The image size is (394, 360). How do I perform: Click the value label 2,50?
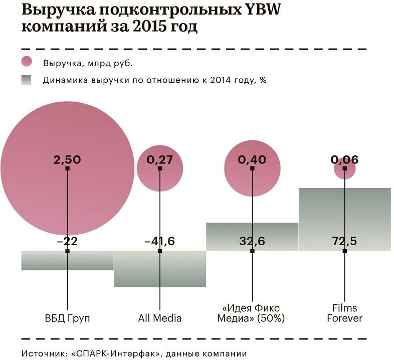click(67, 160)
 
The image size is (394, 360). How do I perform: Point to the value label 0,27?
click(159, 160)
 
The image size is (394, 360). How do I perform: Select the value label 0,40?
click(252, 160)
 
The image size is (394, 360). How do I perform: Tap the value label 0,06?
click(344, 160)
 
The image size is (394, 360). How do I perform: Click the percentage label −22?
click(67, 242)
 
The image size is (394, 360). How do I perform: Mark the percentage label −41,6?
click(159, 242)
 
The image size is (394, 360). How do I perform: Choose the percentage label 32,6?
click(252, 242)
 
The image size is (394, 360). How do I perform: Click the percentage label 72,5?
click(344, 242)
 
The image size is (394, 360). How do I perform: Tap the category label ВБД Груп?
click(67, 318)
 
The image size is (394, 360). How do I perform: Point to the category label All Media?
click(159, 318)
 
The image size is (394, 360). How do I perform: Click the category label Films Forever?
click(344, 313)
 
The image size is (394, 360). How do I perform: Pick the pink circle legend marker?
click(27, 62)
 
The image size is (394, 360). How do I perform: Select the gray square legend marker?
click(27, 80)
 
